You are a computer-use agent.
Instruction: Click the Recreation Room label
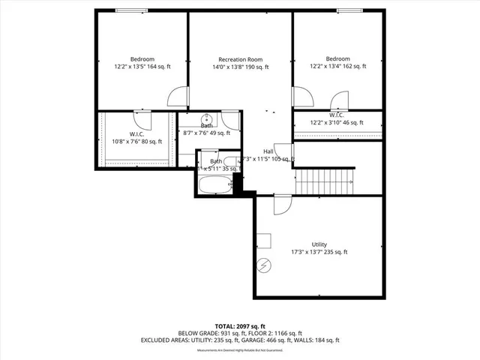click(x=240, y=59)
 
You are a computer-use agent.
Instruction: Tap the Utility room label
click(x=319, y=244)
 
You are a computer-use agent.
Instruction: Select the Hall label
click(x=268, y=151)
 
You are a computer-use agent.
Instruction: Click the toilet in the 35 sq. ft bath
click(x=230, y=160)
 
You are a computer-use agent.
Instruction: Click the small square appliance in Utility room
click(x=263, y=240)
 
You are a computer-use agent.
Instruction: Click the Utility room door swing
click(x=282, y=204)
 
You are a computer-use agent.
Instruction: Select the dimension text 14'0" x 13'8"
click(x=240, y=67)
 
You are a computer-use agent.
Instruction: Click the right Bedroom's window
click(x=348, y=10)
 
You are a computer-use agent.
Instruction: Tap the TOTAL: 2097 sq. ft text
click(x=240, y=326)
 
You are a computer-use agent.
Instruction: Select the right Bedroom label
click(x=337, y=58)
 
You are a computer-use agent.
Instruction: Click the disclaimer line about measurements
click(x=240, y=350)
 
